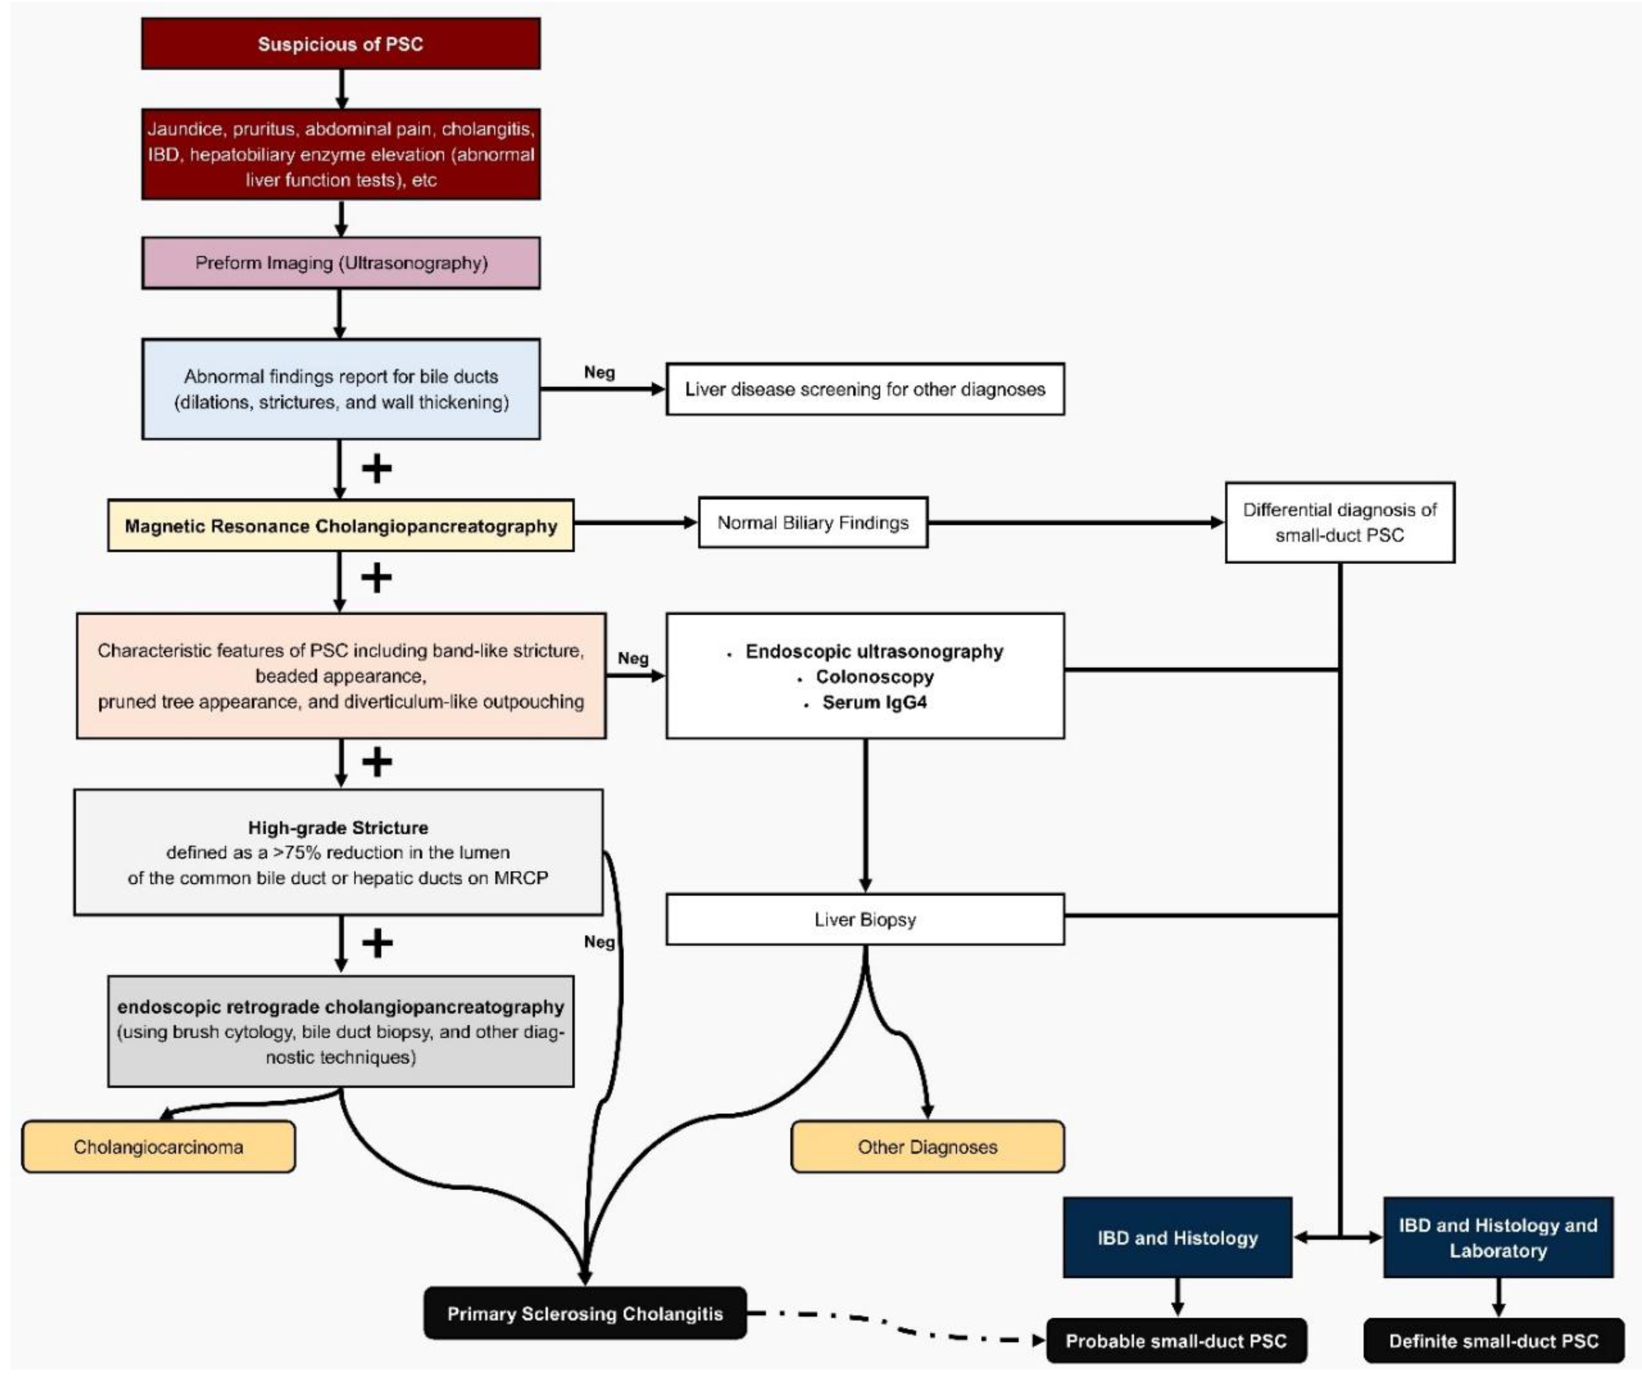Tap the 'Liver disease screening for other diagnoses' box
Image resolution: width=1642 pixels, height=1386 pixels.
(x=865, y=389)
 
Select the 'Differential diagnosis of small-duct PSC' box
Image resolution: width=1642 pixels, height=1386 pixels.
(x=1340, y=523)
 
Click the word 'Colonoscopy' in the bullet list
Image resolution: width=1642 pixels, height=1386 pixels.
(x=874, y=677)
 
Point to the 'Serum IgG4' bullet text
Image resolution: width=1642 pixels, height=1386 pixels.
(x=874, y=702)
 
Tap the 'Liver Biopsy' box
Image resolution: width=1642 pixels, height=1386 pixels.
(x=865, y=919)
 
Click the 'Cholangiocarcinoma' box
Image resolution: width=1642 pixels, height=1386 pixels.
(x=159, y=1147)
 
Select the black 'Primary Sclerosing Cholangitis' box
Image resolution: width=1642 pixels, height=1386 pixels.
(x=585, y=1314)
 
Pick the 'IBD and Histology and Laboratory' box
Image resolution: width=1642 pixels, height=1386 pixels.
(x=1498, y=1237)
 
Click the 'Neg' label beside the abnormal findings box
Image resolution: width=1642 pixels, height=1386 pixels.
(x=599, y=373)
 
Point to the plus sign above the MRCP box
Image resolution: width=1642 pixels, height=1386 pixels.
(x=377, y=469)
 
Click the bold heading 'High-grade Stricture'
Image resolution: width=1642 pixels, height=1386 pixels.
(x=338, y=828)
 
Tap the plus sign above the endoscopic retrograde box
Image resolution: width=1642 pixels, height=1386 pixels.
(x=377, y=944)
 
